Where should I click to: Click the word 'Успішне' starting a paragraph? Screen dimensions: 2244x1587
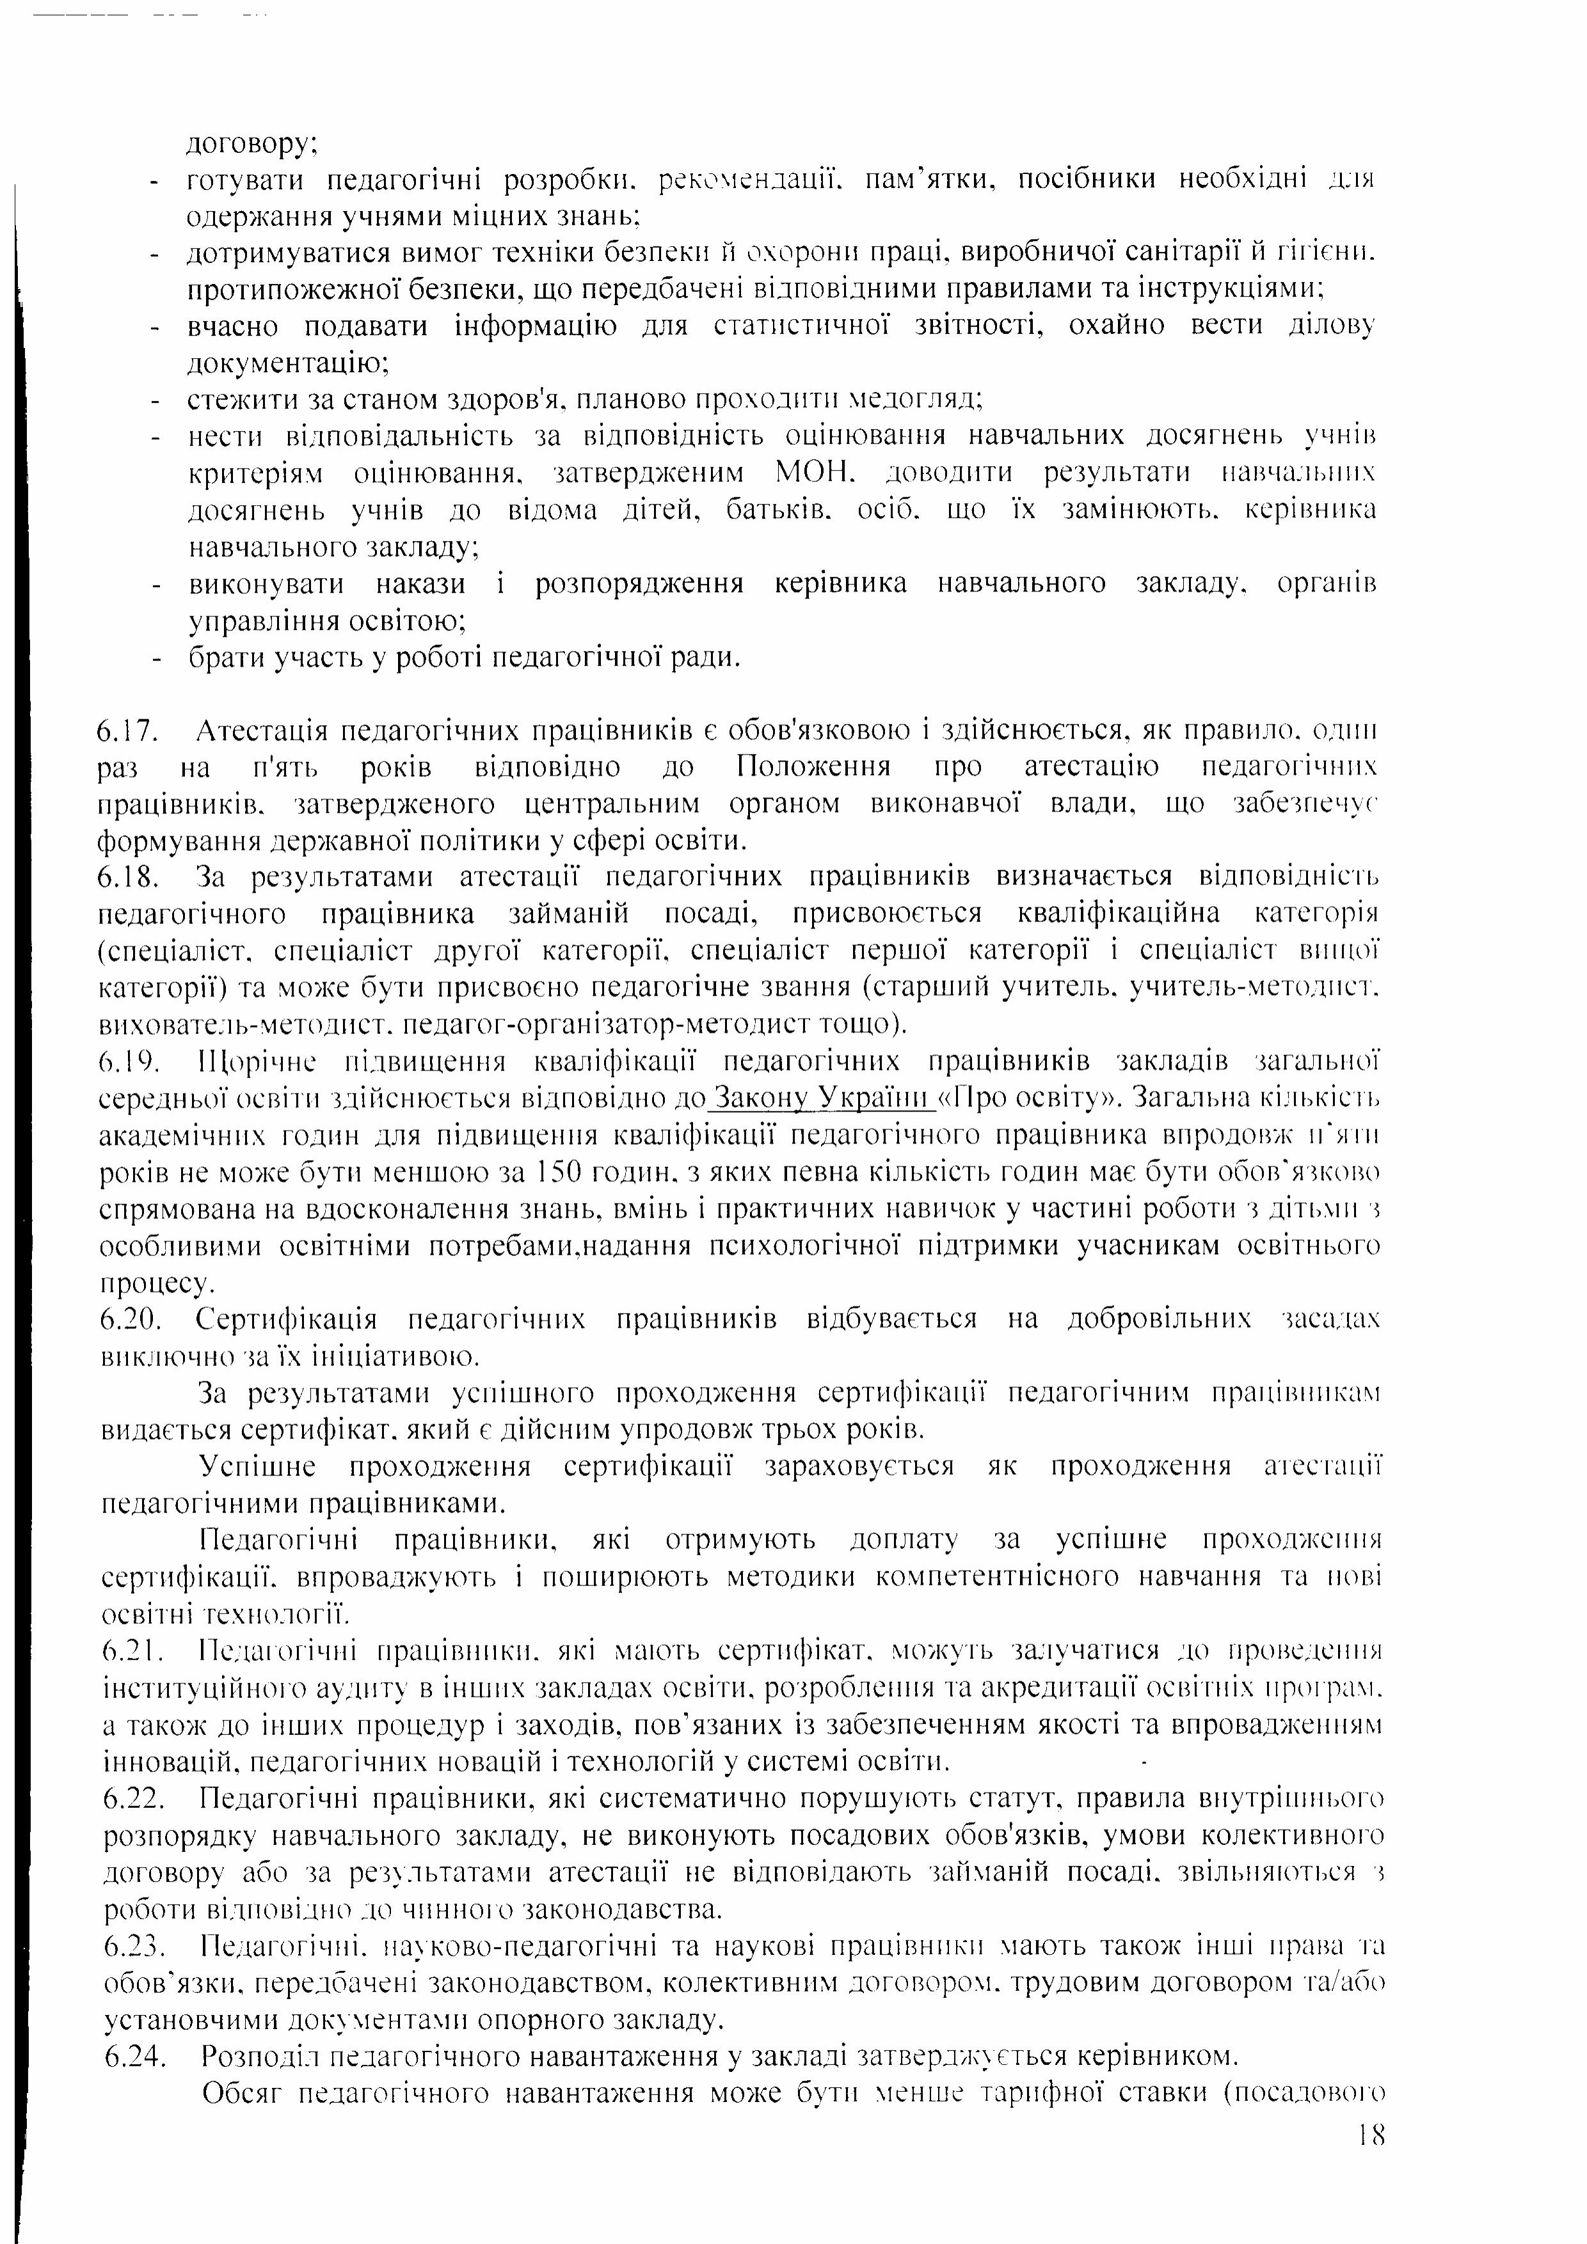pos(256,1468)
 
